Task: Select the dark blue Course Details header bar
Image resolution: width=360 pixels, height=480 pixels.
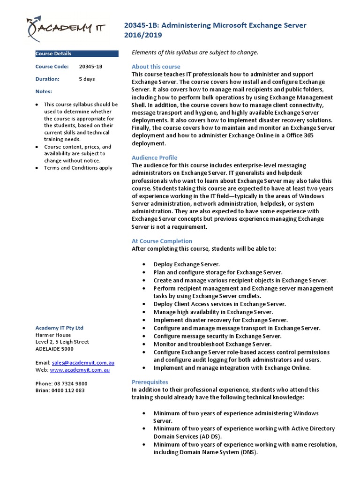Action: [x=77, y=53]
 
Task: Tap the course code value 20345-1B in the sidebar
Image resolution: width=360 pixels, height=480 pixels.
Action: [x=90, y=67]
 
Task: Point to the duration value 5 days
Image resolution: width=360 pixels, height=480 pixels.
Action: [x=87, y=79]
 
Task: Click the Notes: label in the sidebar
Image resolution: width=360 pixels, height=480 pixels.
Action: [x=44, y=91]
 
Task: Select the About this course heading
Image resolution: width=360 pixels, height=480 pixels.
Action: [x=156, y=67]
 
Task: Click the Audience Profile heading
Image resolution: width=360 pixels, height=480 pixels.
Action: [x=154, y=157]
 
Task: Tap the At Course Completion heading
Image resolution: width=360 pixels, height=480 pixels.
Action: [x=162, y=241]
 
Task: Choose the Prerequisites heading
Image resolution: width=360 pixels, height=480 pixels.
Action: [x=150, y=382]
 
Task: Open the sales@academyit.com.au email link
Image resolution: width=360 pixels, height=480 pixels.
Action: [x=83, y=363]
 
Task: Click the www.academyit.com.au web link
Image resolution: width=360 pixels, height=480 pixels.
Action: [x=80, y=370]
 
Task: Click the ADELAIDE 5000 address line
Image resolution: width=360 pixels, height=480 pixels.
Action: [x=54, y=349]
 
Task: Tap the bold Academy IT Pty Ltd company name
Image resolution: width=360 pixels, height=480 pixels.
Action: [x=60, y=328]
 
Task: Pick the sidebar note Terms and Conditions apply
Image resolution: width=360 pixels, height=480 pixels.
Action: [x=78, y=168]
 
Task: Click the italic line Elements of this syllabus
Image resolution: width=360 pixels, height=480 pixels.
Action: [x=195, y=52]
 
